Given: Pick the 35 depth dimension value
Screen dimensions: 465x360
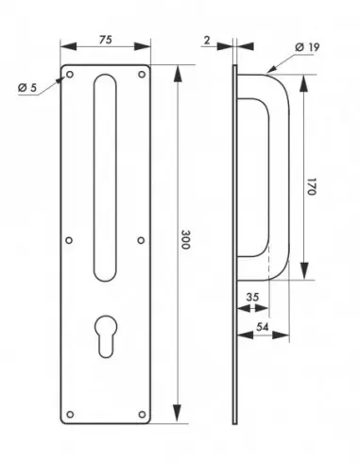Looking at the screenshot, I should (x=250, y=297).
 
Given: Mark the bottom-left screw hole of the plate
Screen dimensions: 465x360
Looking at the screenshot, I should (x=68, y=413).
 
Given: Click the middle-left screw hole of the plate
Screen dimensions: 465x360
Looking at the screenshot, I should (x=68, y=240).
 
